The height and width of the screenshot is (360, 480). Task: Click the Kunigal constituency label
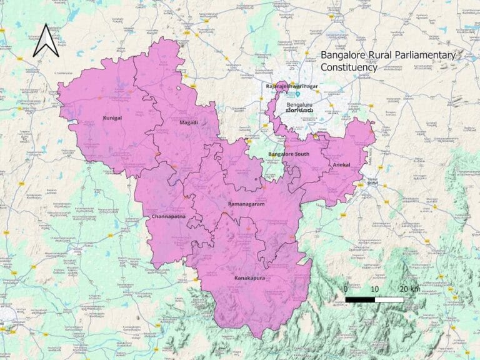click(x=111, y=117)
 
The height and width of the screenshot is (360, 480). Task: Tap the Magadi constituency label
click(x=189, y=122)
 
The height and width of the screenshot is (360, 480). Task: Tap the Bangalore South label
click(x=285, y=154)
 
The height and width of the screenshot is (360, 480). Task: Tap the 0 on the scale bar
click(x=346, y=289)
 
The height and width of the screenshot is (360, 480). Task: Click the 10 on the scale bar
click(x=374, y=289)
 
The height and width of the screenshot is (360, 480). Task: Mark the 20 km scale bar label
click(x=410, y=289)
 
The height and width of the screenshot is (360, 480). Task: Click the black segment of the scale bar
click(x=360, y=300)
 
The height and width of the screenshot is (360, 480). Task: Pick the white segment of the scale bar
click(x=389, y=300)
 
